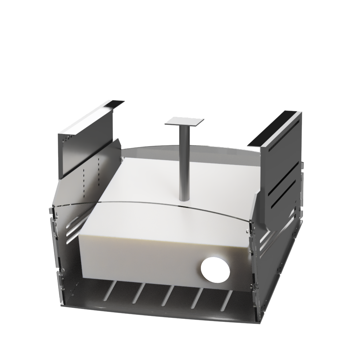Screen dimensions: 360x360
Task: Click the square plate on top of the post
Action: pos(185,121)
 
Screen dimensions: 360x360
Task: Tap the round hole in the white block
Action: pos(215,269)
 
